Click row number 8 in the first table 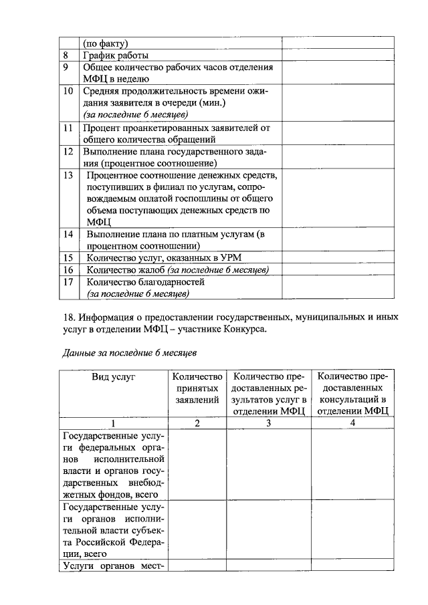(x=65, y=55)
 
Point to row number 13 (x=68, y=175)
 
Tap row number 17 (x=68, y=282)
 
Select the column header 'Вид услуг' (x=114, y=377)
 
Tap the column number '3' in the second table (x=269, y=422)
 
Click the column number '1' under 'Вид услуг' (x=114, y=422)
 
